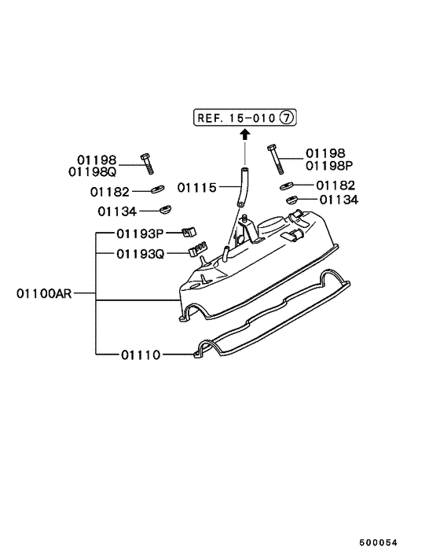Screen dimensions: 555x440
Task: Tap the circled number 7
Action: [x=287, y=118]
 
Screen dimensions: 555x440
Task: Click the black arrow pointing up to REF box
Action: [x=244, y=134]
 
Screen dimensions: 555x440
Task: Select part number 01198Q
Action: [x=92, y=170]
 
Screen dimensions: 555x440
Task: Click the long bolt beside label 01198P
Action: [x=274, y=160]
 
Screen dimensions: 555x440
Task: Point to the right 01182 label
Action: [x=335, y=186]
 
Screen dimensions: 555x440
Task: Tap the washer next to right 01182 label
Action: [x=284, y=187]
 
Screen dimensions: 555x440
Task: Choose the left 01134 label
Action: [x=117, y=211]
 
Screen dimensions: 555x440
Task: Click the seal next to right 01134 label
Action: [x=291, y=200]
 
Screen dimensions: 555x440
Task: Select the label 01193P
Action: [x=140, y=233]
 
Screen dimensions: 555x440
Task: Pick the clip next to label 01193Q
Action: [x=196, y=251]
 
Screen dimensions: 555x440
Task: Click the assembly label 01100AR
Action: [x=44, y=296]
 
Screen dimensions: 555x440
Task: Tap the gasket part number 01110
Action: [x=141, y=355]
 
